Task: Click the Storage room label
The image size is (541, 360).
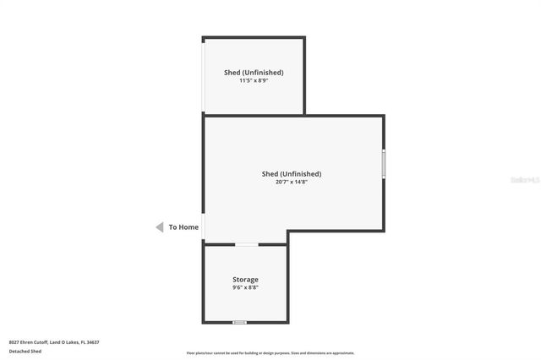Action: pyautogui.click(x=245, y=279)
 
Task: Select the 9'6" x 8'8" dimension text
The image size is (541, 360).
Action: pyautogui.click(x=245, y=287)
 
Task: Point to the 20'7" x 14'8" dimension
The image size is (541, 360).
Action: pyautogui.click(x=292, y=182)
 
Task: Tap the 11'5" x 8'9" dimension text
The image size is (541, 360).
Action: pyautogui.click(x=254, y=80)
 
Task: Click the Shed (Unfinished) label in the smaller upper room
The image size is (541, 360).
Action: pyautogui.click(x=254, y=73)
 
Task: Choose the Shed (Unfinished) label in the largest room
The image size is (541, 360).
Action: pyautogui.click(x=292, y=174)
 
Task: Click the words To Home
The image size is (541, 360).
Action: pyautogui.click(x=183, y=226)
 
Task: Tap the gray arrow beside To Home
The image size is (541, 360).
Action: pyautogui.click(x=159, y=226)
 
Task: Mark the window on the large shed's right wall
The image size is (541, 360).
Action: pyautogui.click(x=384, y=163)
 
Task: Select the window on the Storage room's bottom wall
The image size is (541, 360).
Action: pyautogui.click(x=240, y=322)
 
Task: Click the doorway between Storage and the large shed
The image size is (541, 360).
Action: pyautogui.click(x=246, y=244)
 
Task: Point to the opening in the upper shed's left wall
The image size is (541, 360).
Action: pyautogui.click(x=203, y=76)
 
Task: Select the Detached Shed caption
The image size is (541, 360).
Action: pyautogui.click(x=25, y=351)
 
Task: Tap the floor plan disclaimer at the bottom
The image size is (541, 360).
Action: pyautogui.click(x=270, y=353)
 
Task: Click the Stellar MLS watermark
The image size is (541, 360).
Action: pyautogui.click(x=525, y=180)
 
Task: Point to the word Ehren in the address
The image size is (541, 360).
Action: pyautogui.click(x=26, y=341)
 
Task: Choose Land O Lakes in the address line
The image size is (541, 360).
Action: pyautogui.click(x=64, y=341)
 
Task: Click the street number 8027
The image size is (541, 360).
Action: pyautogui.click(x=14, y=341)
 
